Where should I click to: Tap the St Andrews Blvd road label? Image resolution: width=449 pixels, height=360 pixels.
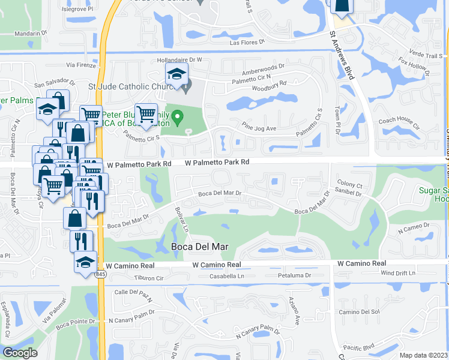click(x=341, y=53)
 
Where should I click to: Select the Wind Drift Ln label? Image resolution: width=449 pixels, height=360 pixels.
click(x=398, y=273)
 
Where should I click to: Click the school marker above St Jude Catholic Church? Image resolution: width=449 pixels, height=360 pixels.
click(x=176, y=76)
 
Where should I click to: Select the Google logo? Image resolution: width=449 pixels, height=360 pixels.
click(x=20, y=353)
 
